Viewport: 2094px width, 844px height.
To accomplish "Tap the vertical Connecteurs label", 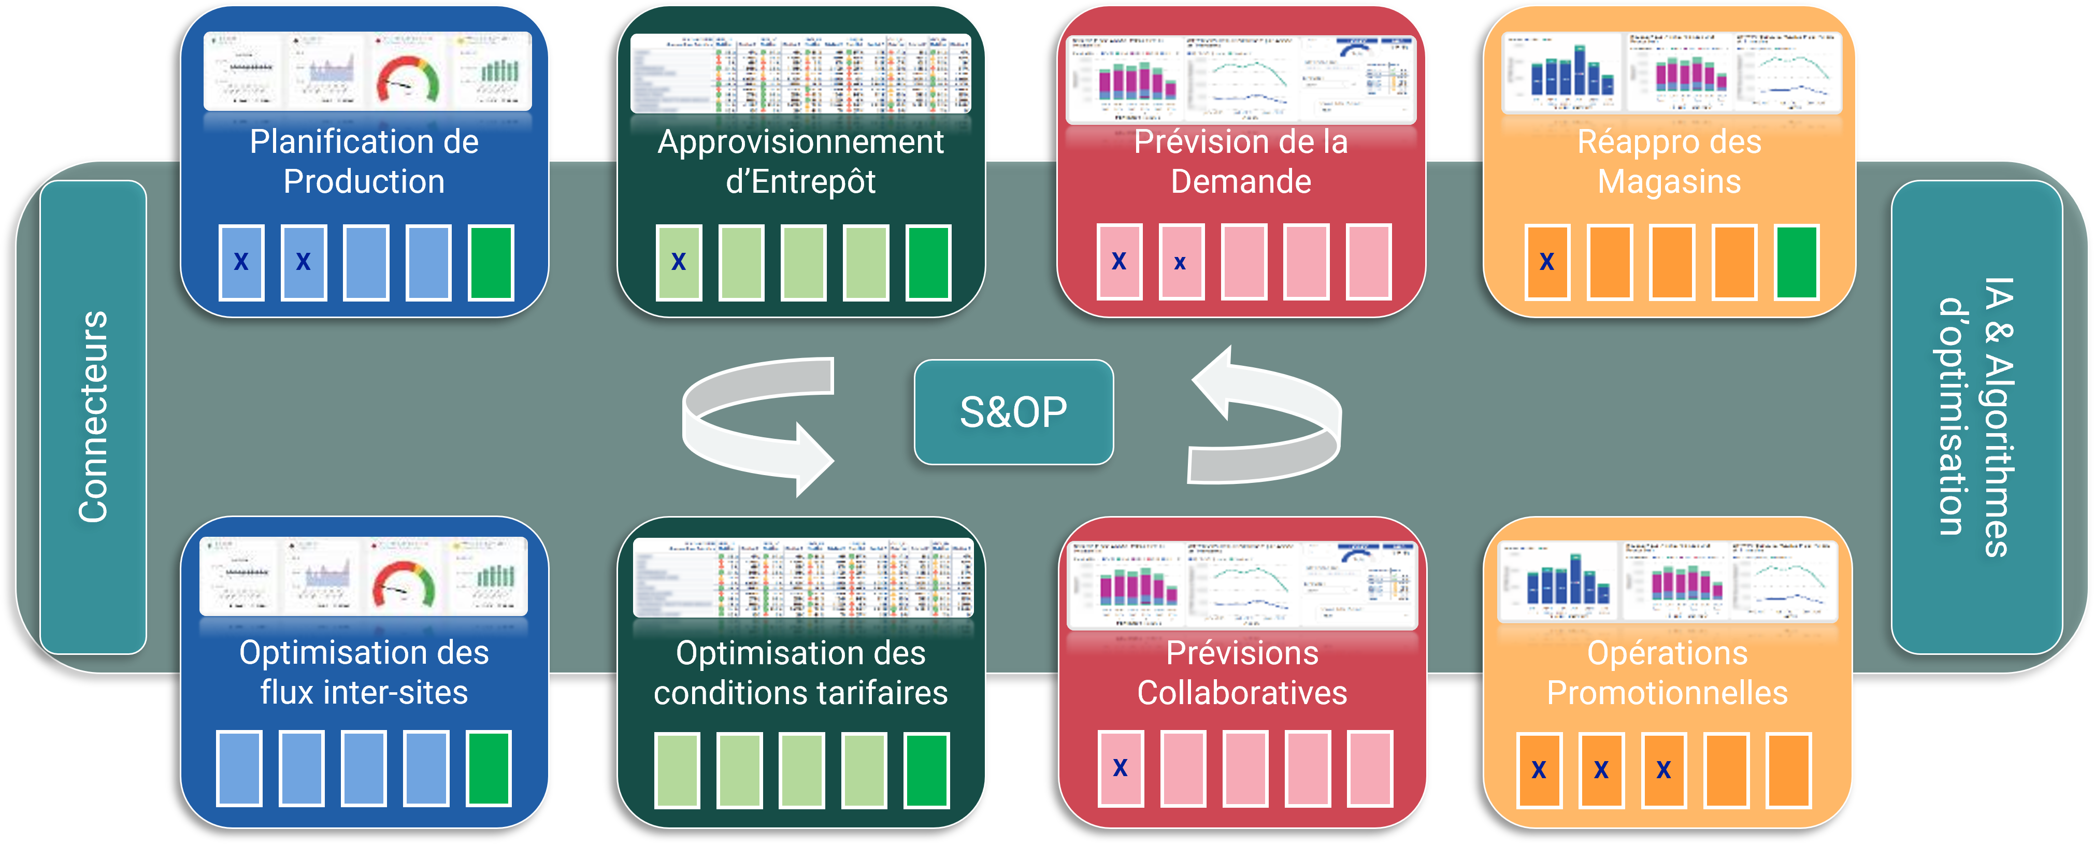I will [x=93, y=417].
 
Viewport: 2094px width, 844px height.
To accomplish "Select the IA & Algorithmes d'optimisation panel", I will [x=1976, y=417].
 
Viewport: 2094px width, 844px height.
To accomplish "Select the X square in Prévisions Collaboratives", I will [x=1120, y=768].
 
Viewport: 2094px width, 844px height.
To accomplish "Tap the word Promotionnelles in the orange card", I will [x=1667, y=693].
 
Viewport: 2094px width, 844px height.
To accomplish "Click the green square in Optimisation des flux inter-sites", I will [x=489, y=768].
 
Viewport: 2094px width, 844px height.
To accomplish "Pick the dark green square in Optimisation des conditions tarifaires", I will [x=927, y=770].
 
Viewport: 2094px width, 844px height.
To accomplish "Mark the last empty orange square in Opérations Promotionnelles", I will [x=1788, y=770].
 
